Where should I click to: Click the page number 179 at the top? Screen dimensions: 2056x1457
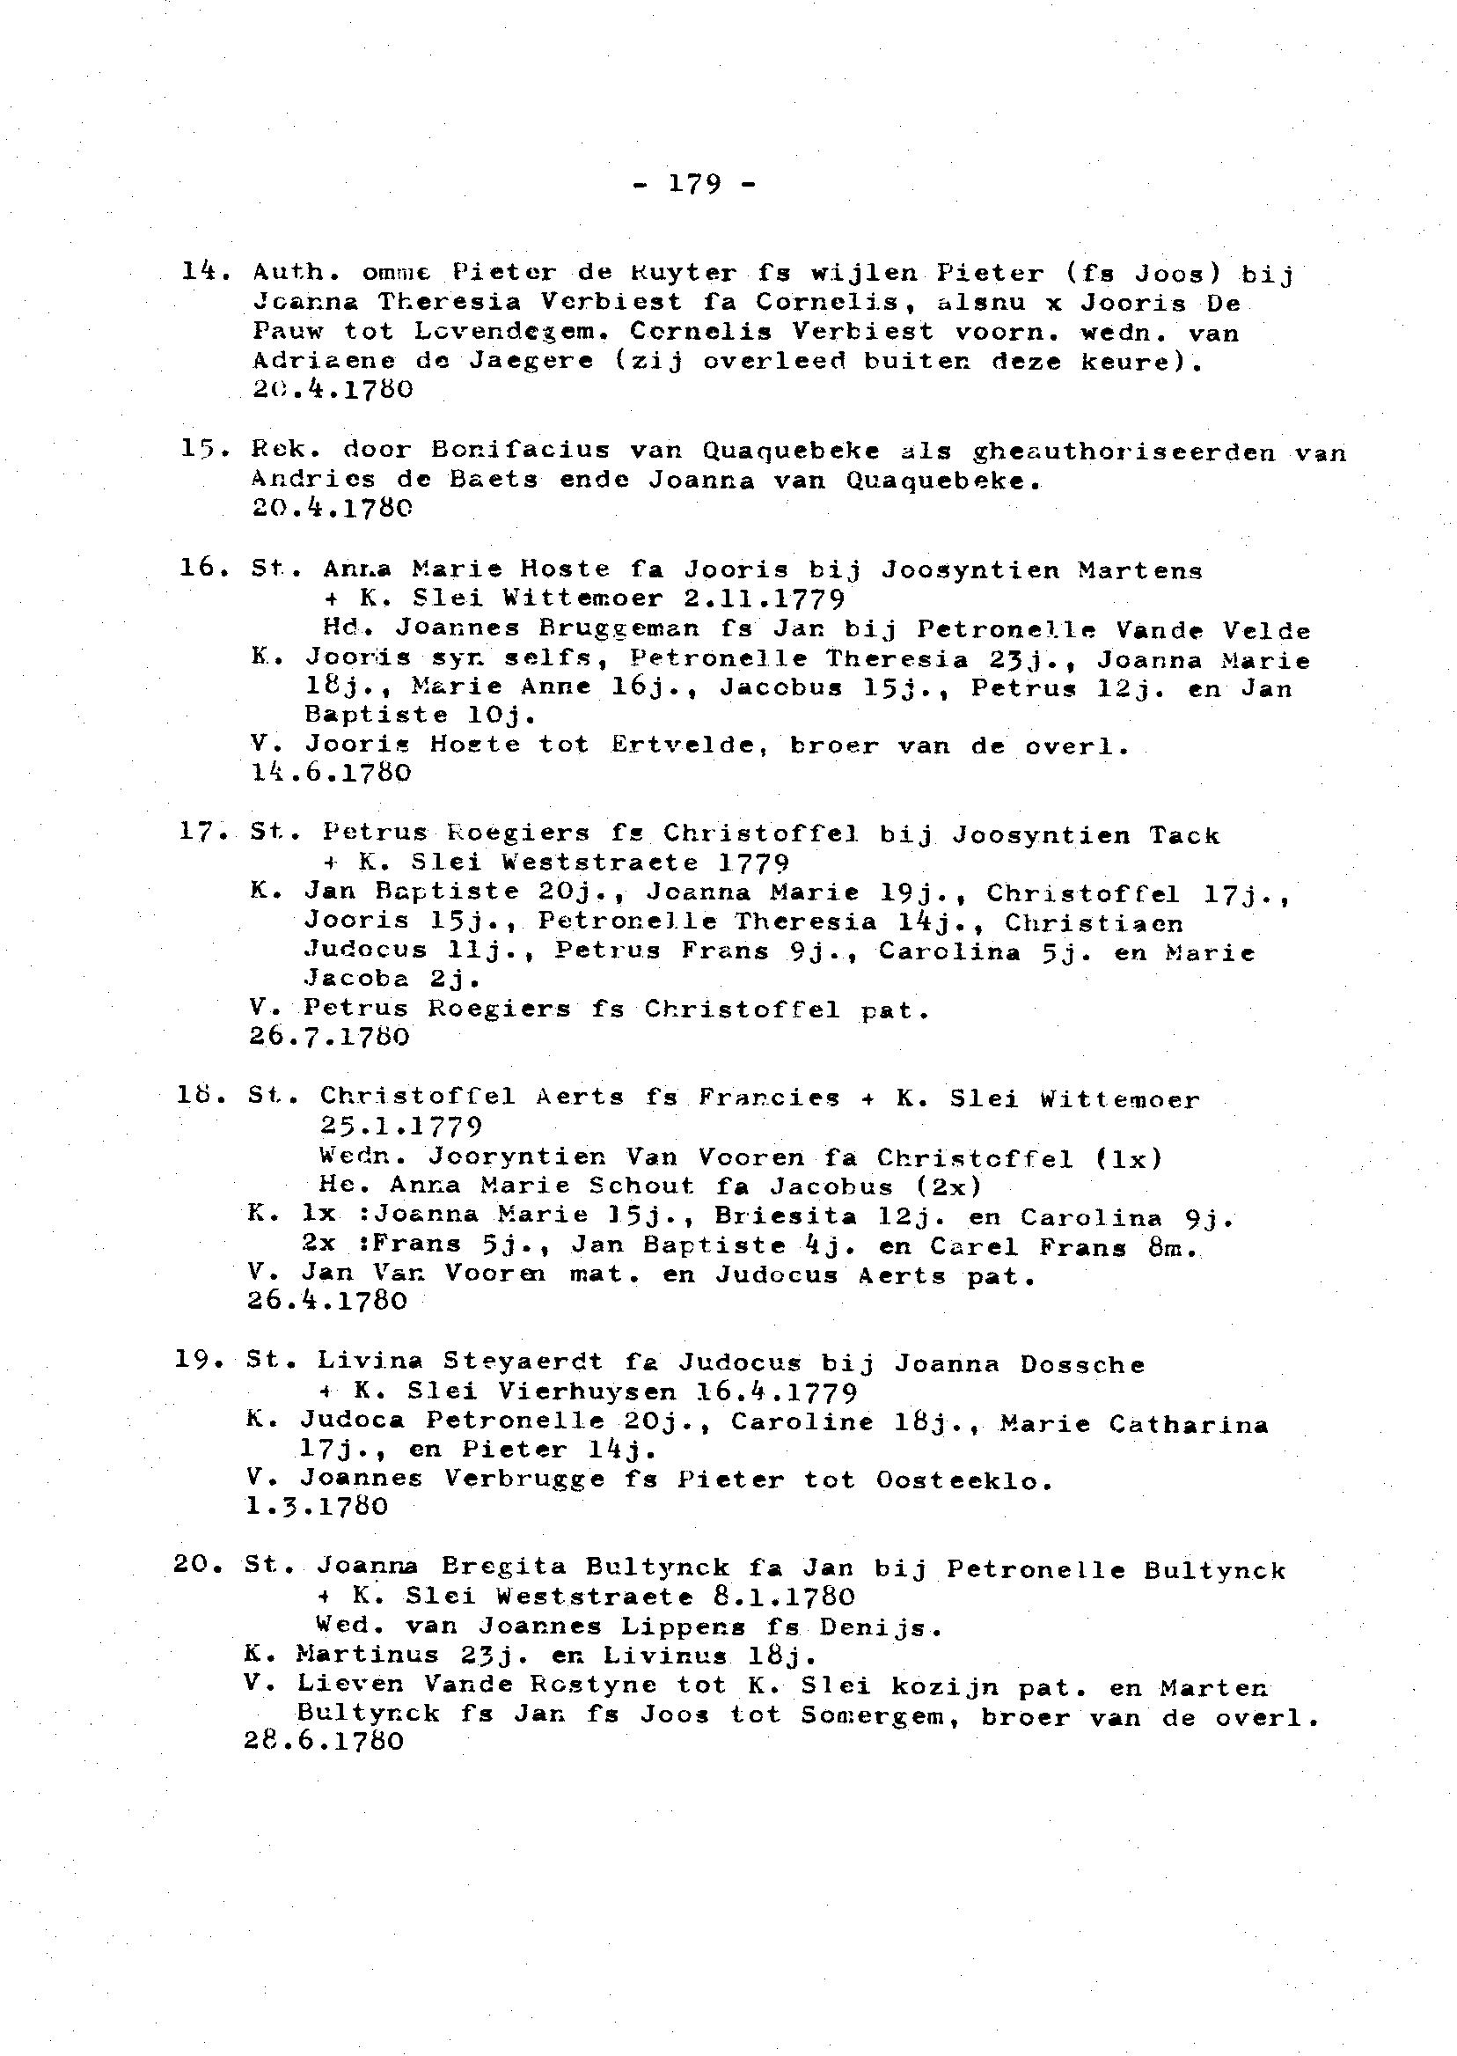(x=694, y=184)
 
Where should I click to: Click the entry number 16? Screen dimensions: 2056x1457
(x=200, y=567)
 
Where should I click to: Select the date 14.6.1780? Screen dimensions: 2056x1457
(x=331, y=773)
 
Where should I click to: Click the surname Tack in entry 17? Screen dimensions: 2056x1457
(x=1184, y=835)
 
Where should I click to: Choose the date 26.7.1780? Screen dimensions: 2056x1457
(x=328, y=1038)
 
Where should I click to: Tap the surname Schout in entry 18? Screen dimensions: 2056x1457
(x=641, y=1186)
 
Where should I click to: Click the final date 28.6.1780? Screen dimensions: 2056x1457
(x=323, y=1741)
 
